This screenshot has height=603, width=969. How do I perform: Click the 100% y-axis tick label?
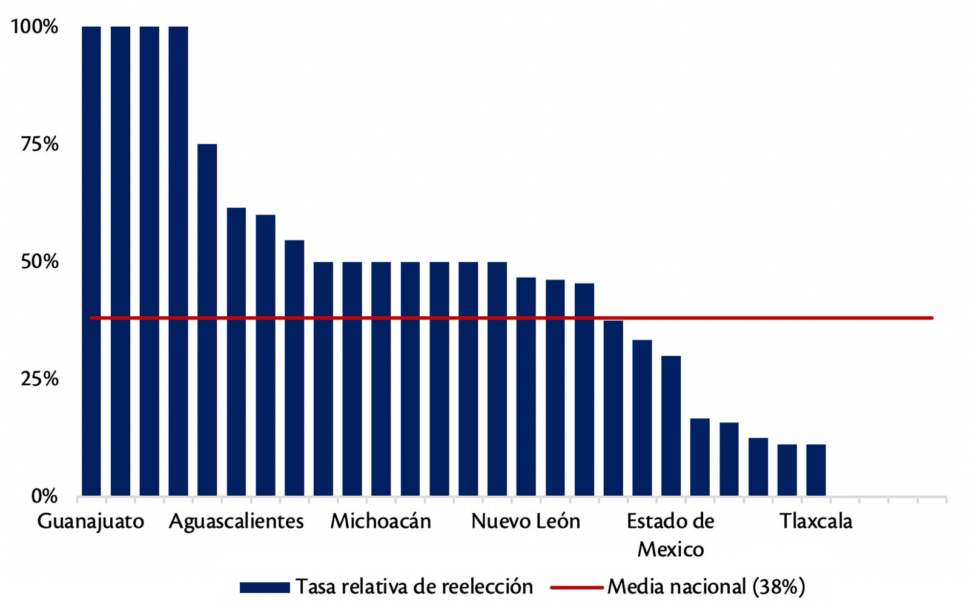(35, 27)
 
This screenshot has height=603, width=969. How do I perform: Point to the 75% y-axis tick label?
(39, 144)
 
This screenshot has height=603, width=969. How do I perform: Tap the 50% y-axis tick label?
(39, 262)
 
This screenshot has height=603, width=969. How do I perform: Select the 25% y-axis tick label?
(39, 379)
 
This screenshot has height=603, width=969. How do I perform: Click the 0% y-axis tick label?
(44, 496)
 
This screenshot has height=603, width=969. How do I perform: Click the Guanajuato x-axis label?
(91, 522)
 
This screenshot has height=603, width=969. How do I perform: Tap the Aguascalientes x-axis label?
(236, 522)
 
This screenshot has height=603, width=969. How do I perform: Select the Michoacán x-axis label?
(380, 522)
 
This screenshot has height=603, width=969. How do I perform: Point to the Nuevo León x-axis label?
(526, 522)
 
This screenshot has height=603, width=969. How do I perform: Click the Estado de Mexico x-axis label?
(670, 535)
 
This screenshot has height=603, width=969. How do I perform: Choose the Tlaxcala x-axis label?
(816, 522)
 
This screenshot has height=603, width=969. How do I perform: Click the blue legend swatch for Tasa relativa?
(265, 587)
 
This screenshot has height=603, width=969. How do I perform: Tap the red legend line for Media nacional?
(577, 587)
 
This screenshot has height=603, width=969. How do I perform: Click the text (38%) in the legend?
(779, 587)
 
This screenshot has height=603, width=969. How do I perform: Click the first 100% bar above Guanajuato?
(91, 261)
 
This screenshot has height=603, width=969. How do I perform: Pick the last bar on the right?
(816, 470)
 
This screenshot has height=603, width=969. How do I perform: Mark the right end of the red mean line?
(931, 318)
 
